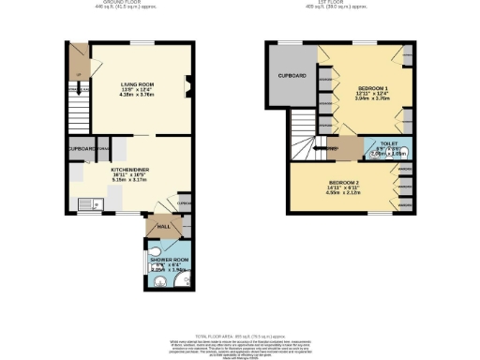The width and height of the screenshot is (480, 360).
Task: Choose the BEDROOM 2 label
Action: tap(343, 182)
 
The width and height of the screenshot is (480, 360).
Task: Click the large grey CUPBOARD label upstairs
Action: tap(292, 75)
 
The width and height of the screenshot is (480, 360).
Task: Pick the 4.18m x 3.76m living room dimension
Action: tap(137, 94)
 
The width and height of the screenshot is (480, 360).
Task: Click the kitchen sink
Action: tap(87, 202)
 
